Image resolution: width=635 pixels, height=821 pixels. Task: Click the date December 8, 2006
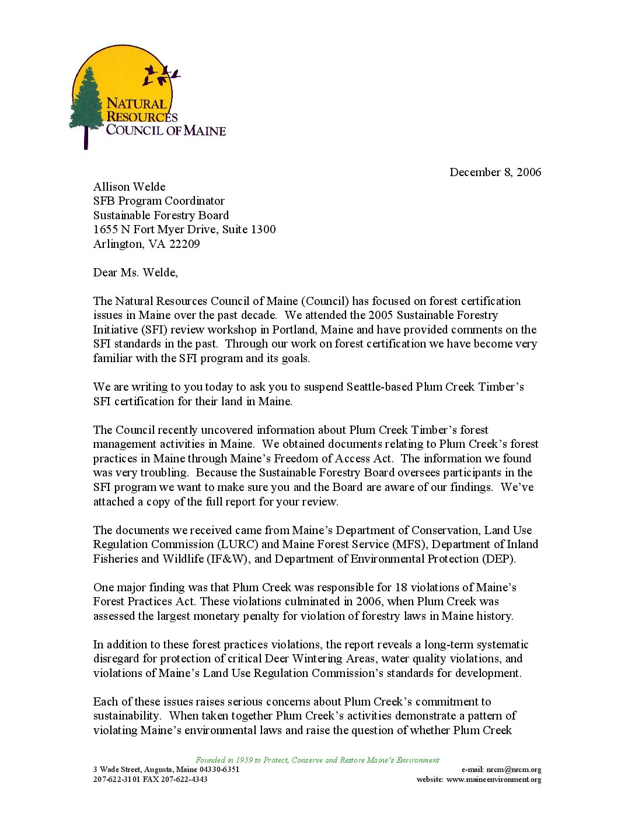coord(495,172)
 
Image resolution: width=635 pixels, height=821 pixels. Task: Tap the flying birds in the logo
coord(161,74)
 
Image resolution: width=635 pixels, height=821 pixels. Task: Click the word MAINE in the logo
coord(205,131)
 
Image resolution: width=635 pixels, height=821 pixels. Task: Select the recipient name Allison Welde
coord(129,187)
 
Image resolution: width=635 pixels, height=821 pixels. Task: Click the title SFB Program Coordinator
coord(159,201)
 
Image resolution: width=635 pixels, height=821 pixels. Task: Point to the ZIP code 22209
coord(184,244)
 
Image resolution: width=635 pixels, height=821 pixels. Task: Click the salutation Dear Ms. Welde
coord(135,272)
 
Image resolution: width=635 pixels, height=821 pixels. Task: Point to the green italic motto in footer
coord(317,760)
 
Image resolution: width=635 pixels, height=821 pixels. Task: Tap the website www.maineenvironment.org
coord(494,779)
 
